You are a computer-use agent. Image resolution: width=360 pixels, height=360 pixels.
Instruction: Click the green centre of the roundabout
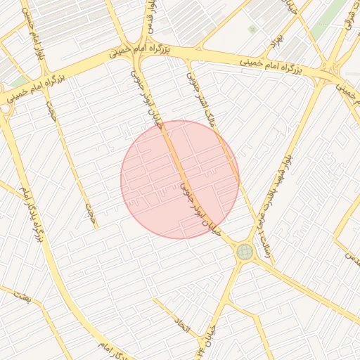coord(245,251)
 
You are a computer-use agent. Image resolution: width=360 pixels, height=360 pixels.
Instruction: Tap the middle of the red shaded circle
coord(180,179)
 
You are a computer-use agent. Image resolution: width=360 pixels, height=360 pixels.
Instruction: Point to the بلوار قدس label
coord(150,18)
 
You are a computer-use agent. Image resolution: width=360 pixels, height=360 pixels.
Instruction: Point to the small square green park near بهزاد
coord(252,29)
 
